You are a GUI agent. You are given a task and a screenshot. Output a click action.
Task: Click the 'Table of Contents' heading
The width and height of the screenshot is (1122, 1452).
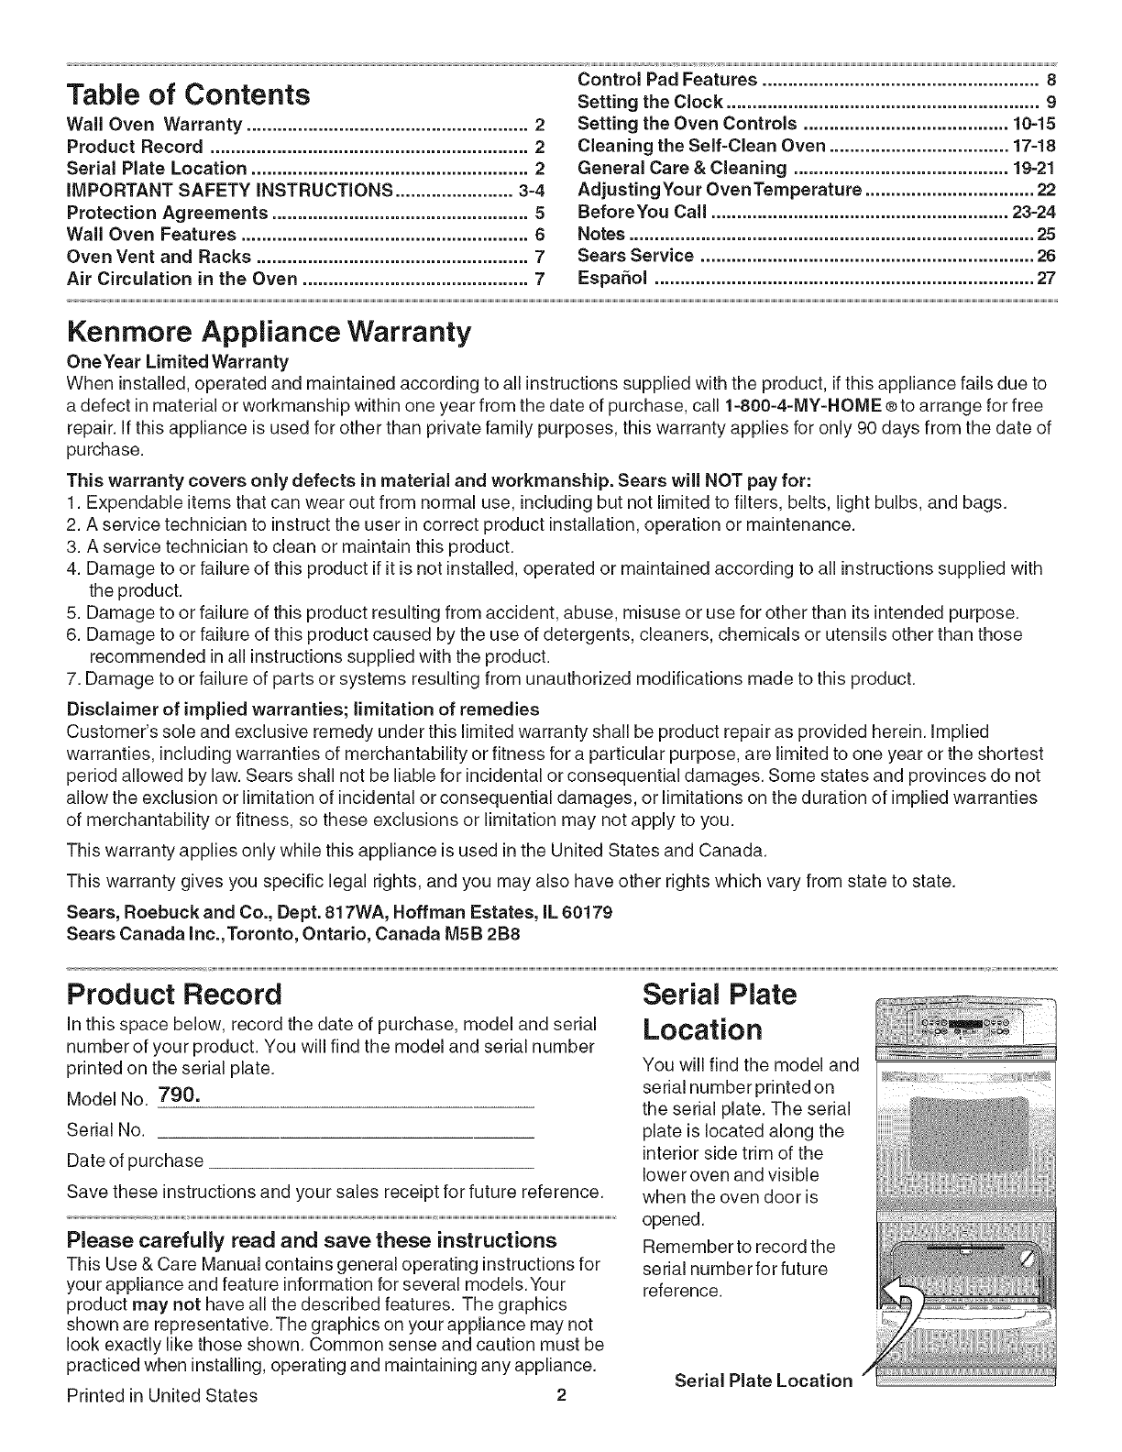pyautogui.click(x=189, y=93)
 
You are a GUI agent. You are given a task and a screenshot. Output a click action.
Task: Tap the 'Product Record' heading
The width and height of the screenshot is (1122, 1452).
pyautogui.click(x=175, y=994)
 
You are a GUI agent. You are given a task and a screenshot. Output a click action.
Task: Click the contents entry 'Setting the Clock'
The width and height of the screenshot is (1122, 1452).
pyautogui.click(x=652, y=101)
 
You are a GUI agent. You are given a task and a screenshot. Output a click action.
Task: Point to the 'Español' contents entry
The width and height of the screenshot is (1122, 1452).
pyautogui.click(x=613, y=277)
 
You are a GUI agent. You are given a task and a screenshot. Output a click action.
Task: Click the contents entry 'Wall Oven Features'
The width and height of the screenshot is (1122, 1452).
pyautogui.click(x=152, y=234)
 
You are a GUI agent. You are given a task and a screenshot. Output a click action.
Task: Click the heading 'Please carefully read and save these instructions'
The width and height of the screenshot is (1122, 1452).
pyautogui.click(x=312, y=1240)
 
